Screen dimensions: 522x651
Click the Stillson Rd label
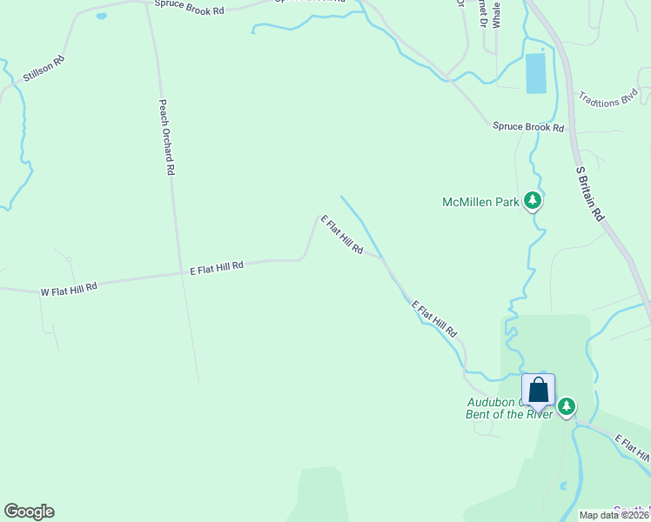(44, 70)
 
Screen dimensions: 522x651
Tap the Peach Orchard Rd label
(166, 137)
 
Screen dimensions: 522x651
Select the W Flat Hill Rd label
(69, 288)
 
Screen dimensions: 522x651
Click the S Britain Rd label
(589, 193)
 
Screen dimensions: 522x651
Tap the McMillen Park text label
(480, 202)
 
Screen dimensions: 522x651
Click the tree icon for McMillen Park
(533, 202)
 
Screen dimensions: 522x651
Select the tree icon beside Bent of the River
(567, 405)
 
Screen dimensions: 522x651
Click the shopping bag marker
(538, 391)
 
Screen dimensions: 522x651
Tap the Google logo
(29, 512)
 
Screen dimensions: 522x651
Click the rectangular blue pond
(536, 73)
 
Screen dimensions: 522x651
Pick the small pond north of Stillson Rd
(101, 16)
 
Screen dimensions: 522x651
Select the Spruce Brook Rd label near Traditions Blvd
(528, 127)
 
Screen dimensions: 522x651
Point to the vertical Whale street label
(496, 14)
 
